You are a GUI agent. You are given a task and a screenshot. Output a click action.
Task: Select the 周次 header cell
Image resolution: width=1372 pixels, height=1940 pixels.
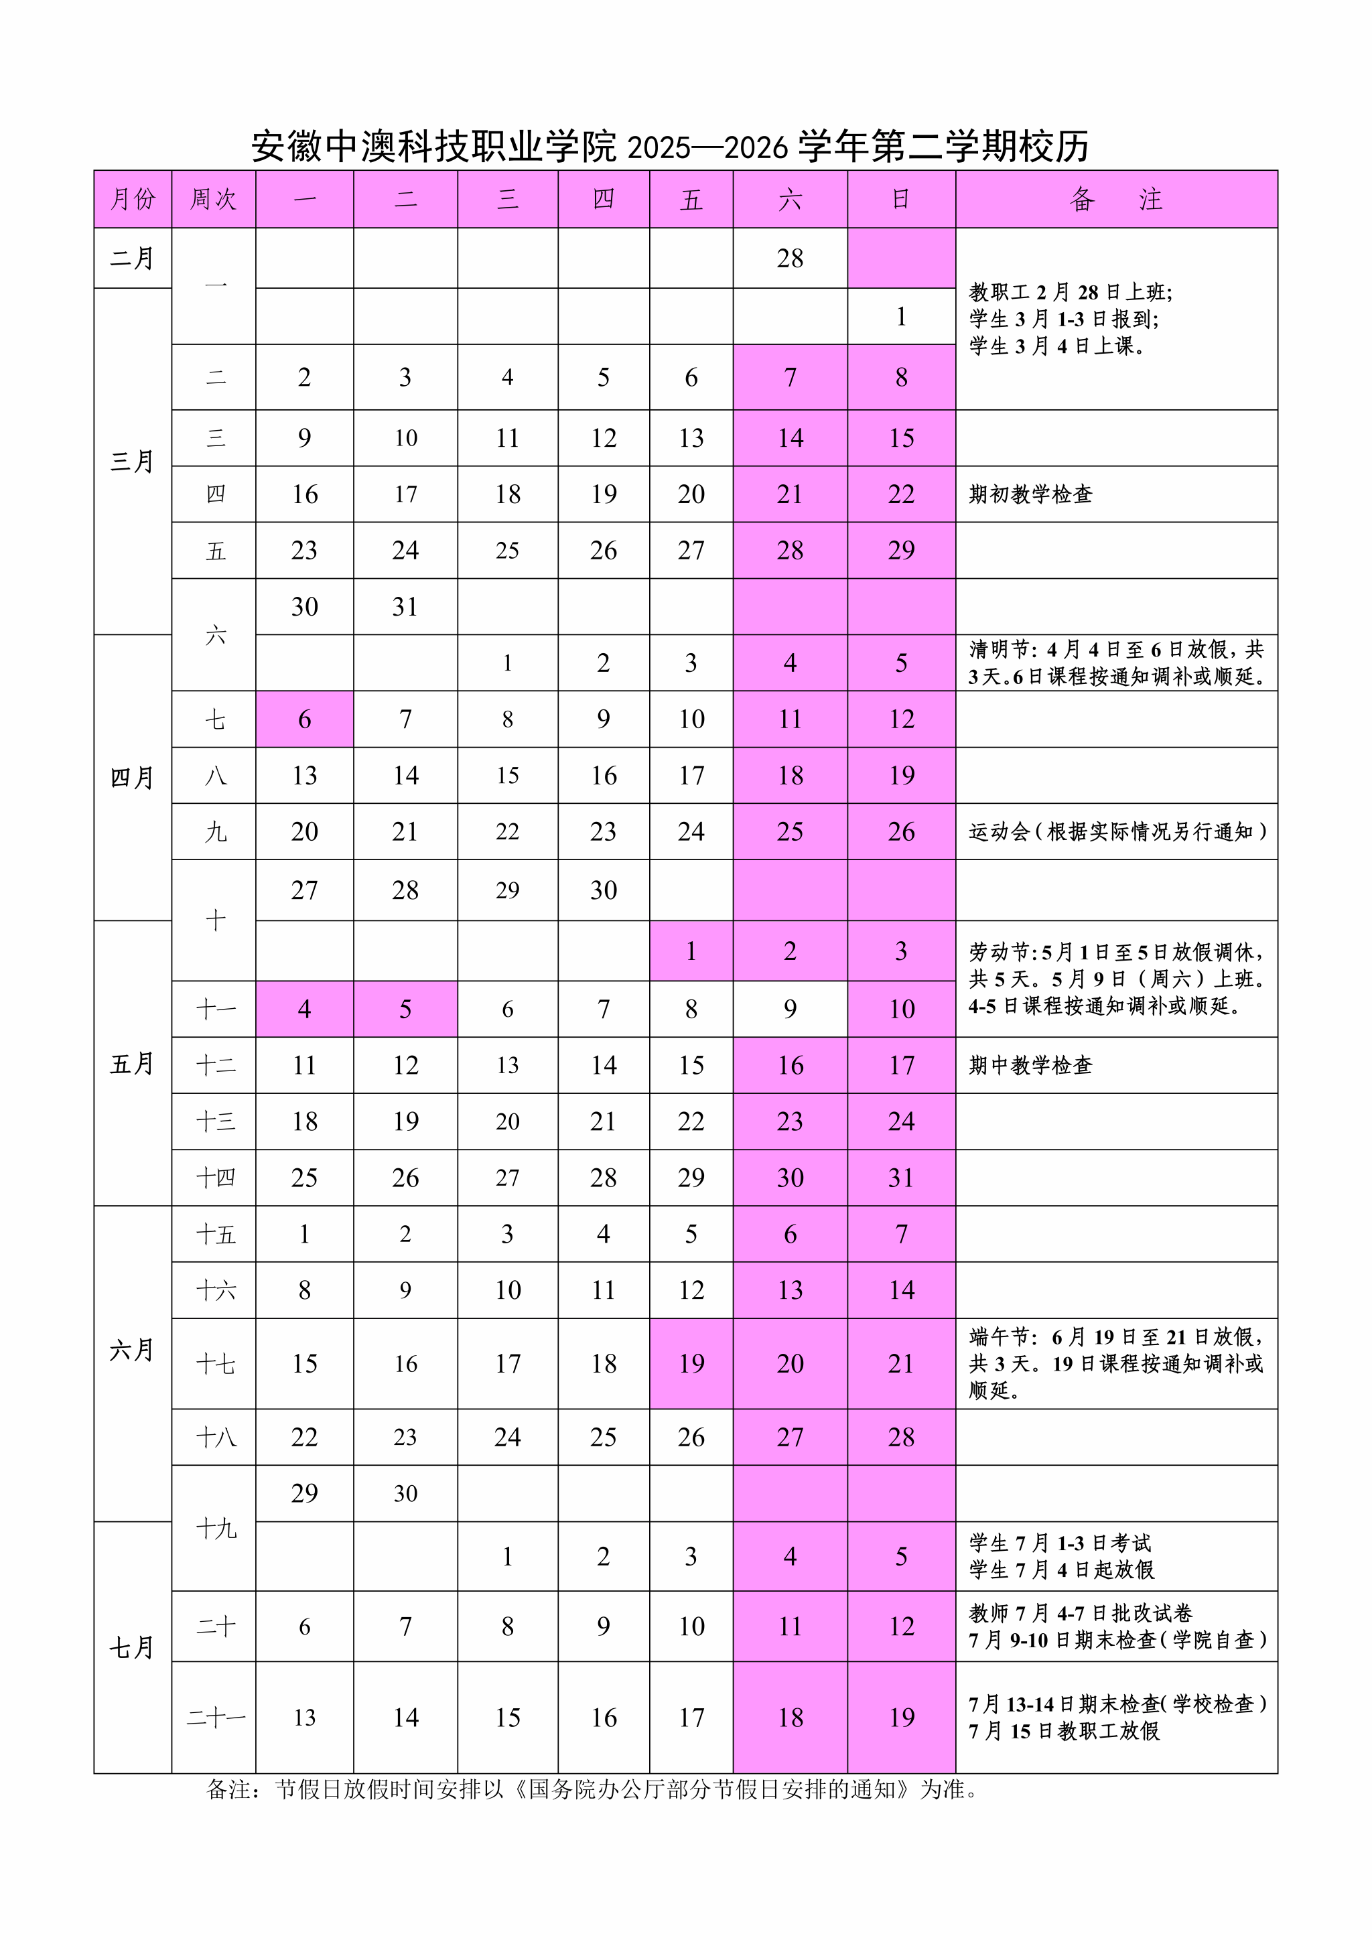click(213, 200)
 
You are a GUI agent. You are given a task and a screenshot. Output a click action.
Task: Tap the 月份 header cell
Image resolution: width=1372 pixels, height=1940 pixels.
click(133, 200)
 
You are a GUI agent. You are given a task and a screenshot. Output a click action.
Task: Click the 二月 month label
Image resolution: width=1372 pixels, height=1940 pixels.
click(133, 258)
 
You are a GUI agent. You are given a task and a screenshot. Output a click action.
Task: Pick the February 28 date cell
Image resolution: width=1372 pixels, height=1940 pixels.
click(790, 258)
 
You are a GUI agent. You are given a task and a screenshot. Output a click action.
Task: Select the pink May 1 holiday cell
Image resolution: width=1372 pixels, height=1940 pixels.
click(691, 951)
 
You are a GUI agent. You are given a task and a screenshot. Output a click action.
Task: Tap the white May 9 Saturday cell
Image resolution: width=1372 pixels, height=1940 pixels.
click(790, 1008)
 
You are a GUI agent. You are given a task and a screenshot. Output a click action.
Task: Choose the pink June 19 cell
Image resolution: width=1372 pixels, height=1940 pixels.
click(691, 1363)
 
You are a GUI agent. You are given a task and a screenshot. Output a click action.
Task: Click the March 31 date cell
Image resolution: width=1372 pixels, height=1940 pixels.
click(405, 607)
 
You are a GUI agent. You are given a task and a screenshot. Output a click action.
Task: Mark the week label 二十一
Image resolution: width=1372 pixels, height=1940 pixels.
click(216, 1717)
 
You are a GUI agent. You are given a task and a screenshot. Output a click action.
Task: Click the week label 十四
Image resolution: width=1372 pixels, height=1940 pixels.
click(216, 1177)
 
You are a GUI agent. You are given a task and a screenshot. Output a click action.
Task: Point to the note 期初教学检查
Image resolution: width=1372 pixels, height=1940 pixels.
click(1031, 494)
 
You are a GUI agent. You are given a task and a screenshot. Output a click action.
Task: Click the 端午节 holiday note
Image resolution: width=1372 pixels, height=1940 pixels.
click(1115, 1363)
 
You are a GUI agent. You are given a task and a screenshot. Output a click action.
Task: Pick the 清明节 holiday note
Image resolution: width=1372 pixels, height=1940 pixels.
click(1115, 663)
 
